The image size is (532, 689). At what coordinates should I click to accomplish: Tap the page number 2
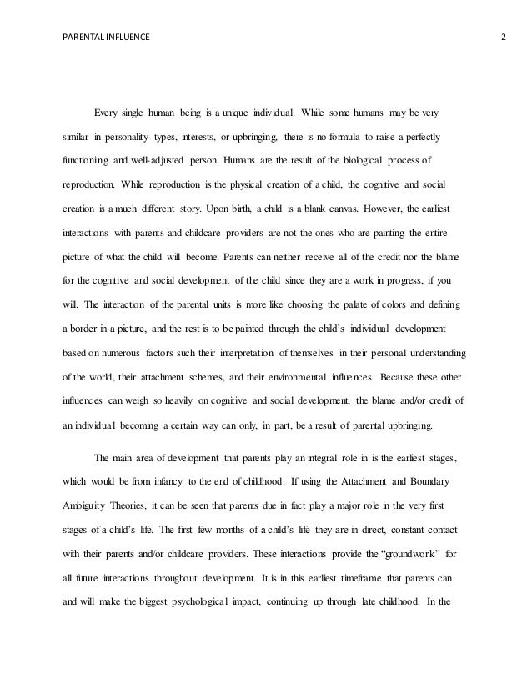(x=504, y=37)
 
